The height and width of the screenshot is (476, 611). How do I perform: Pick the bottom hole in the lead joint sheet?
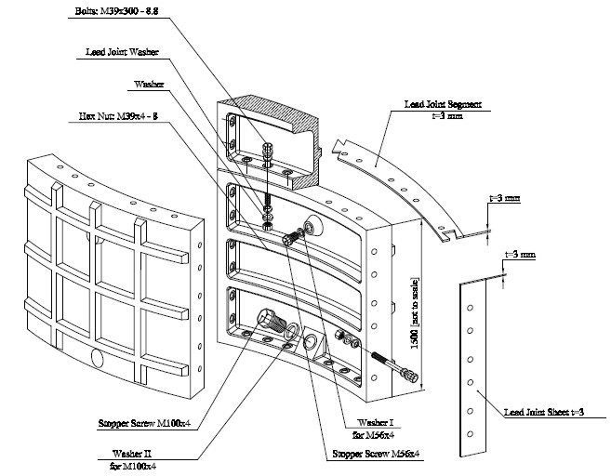472,431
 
